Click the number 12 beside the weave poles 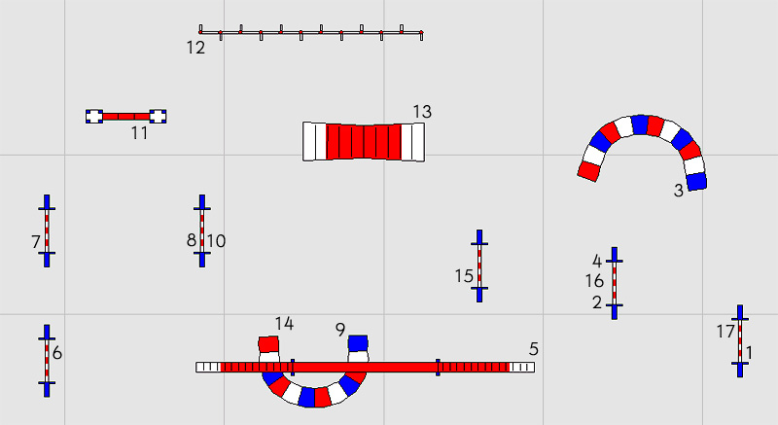pyautogui.click(x=195, y=48)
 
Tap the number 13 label pyautogui.click(x=422, y=112)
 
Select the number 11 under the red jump pyautogui.click(x=139, y=133)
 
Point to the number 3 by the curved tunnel pyautogui.click(x=679, y=191)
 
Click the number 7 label pyautogui.click(x=36, y=242)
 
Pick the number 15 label pyautogui.click(x=464, y=276)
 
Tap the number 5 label pyautogui.click(x=533, y=349)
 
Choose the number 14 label pyautogui.click(x=284, y=324)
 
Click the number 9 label pyautogui.click(x=339, y=330)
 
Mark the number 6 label pyautogui.click(x=57, y=353)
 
